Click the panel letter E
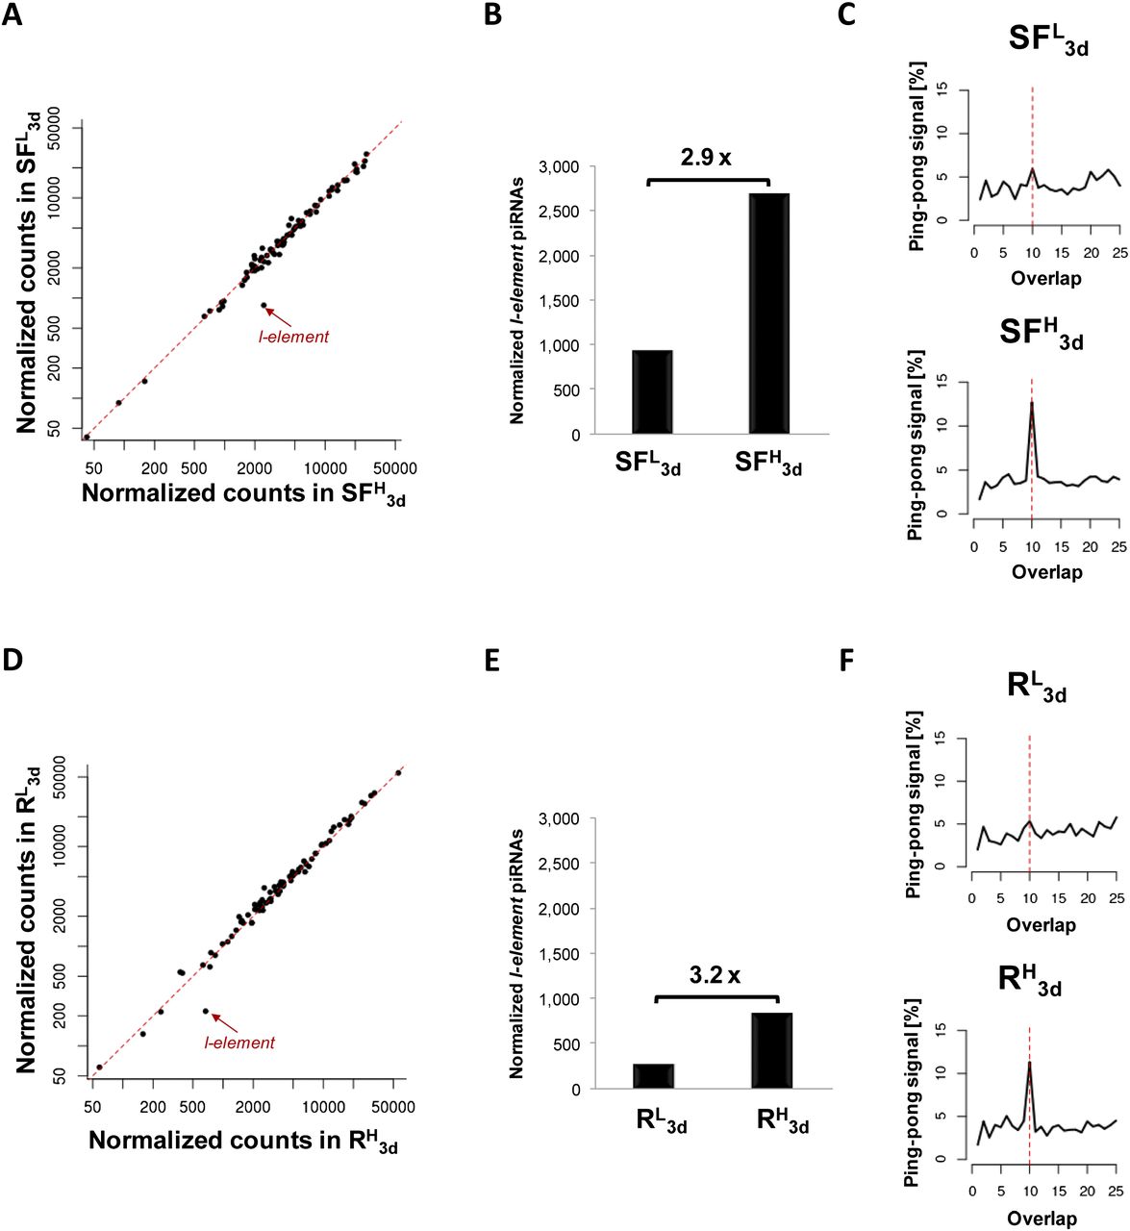click(492, 662)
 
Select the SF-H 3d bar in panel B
click(768, 314)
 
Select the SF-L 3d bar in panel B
click(652, 392)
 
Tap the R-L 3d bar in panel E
click(654, 1076)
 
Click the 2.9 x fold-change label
click(706, 157)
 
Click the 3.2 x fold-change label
click(715, 975)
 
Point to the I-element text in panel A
click(293, 337)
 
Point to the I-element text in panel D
click(239, 1043)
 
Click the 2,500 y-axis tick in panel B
click(560, 212)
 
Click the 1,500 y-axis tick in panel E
click(560, 954)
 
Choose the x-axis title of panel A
click(243, 494)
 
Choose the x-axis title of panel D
click(243, 1142)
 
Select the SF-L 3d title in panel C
click(1048, 41)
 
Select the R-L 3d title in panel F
click(1035, 689)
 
